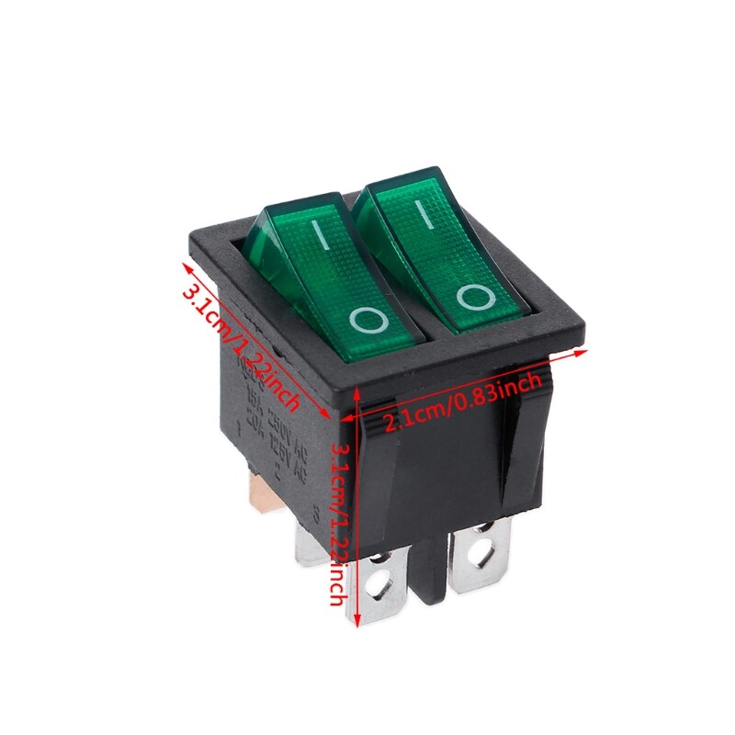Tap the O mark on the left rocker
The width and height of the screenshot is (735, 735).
(368, 320)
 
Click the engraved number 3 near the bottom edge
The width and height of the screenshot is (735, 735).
(316, 514)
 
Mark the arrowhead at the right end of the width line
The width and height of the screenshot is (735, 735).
(581, 352)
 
